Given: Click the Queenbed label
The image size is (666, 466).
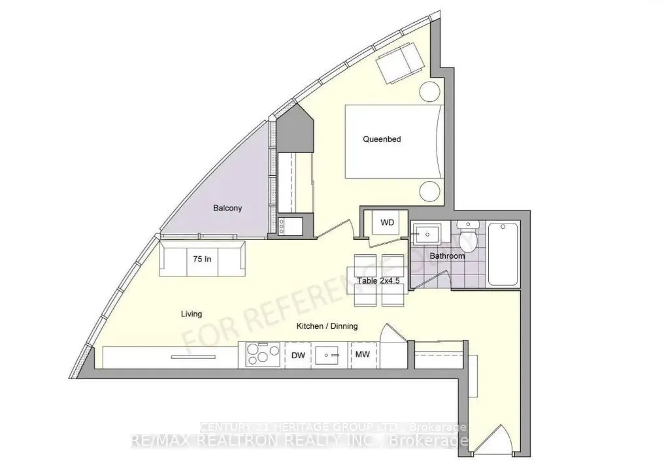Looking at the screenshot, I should click(382, 139).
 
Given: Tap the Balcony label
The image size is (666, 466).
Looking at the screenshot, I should click(227, 208).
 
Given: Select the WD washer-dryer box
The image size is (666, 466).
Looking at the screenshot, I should click(387, 223).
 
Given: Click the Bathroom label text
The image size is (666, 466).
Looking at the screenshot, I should click(447, 256).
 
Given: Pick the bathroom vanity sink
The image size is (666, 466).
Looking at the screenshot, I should click(427, 232).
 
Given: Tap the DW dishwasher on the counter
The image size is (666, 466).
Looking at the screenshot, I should click(298, 355).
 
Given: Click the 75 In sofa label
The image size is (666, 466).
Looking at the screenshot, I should click(202, 259).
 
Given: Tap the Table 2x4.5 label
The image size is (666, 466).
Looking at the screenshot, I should click(378, 282).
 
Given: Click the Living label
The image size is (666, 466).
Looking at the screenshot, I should click(191, 314).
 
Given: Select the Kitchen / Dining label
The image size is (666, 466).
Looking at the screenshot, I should click(327, 326).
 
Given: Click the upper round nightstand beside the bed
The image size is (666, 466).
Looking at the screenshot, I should click(431, 92).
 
